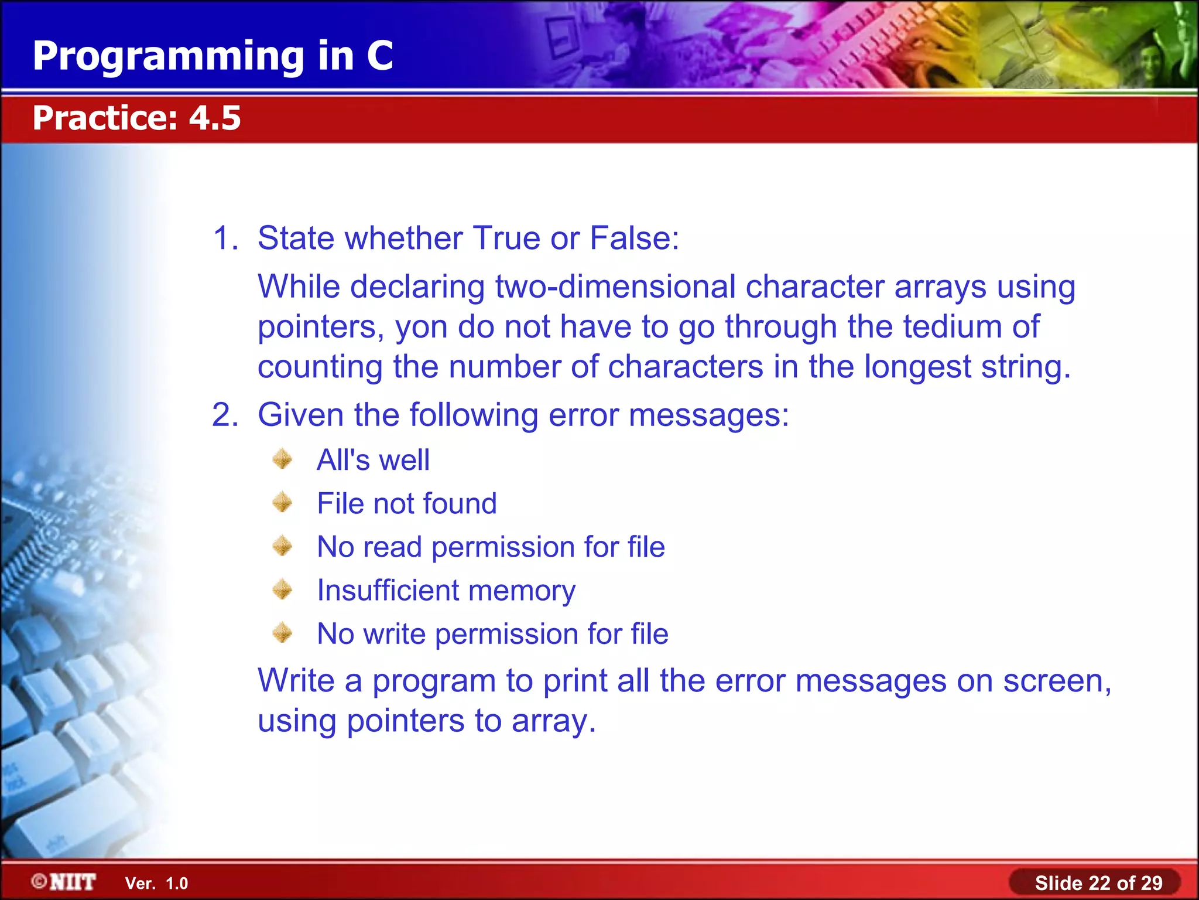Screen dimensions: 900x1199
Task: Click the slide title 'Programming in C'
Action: tap(213, 56)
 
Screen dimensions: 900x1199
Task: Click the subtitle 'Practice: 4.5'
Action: tap(136, 118)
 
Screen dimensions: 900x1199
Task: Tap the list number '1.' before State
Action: tap(225, 238)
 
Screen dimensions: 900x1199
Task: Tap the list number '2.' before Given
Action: tap(225, 415)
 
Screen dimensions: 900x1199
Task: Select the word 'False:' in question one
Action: tap(634, 238)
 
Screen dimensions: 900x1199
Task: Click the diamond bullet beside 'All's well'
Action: tap(282, 459)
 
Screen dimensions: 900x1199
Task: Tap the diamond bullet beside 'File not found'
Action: tap(282, 502)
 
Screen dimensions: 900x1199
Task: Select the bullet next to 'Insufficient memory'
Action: tap(282, 589)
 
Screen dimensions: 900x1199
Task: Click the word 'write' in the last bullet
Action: tap(394, 634)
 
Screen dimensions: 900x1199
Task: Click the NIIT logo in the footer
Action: tap(64, 882)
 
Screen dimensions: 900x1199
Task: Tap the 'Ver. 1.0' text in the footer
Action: tap(156, 884)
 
